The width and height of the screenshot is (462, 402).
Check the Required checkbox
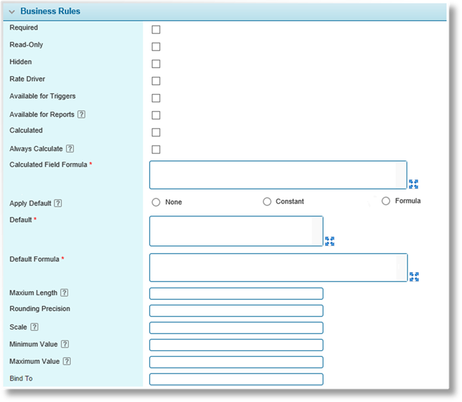[x=156, y=29]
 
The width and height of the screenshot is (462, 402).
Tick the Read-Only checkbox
[x=156, y=46]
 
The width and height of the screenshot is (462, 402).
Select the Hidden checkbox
[x=156, y=63]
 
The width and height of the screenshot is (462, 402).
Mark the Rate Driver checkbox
[x=156, y=81]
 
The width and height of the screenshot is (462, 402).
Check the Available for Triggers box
[x=156, y=98]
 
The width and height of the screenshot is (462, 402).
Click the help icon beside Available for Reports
[x=81, y=114]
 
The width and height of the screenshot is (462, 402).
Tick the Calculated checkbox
[x=156, y=132]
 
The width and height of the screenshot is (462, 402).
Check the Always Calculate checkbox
[x=156, y=149]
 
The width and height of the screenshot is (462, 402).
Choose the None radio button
[x=156, y=202]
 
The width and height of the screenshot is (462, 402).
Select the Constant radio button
[x=267, y=202]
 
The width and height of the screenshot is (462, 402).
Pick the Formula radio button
[x=386, y=201]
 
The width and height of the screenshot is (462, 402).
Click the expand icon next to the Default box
[x=330, y=241]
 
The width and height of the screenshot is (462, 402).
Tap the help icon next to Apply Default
[x=58, y=203]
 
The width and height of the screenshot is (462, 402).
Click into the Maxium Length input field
[x=236, y=294]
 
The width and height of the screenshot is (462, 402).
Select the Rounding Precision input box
[x=236, y=311]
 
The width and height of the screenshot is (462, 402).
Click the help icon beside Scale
[x=34, y=327]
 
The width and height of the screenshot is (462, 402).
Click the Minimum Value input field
[x=236, y=345]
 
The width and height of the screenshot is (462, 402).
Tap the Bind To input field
[x=236, y=379]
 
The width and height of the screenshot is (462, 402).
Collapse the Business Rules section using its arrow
[x=12, y=12]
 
